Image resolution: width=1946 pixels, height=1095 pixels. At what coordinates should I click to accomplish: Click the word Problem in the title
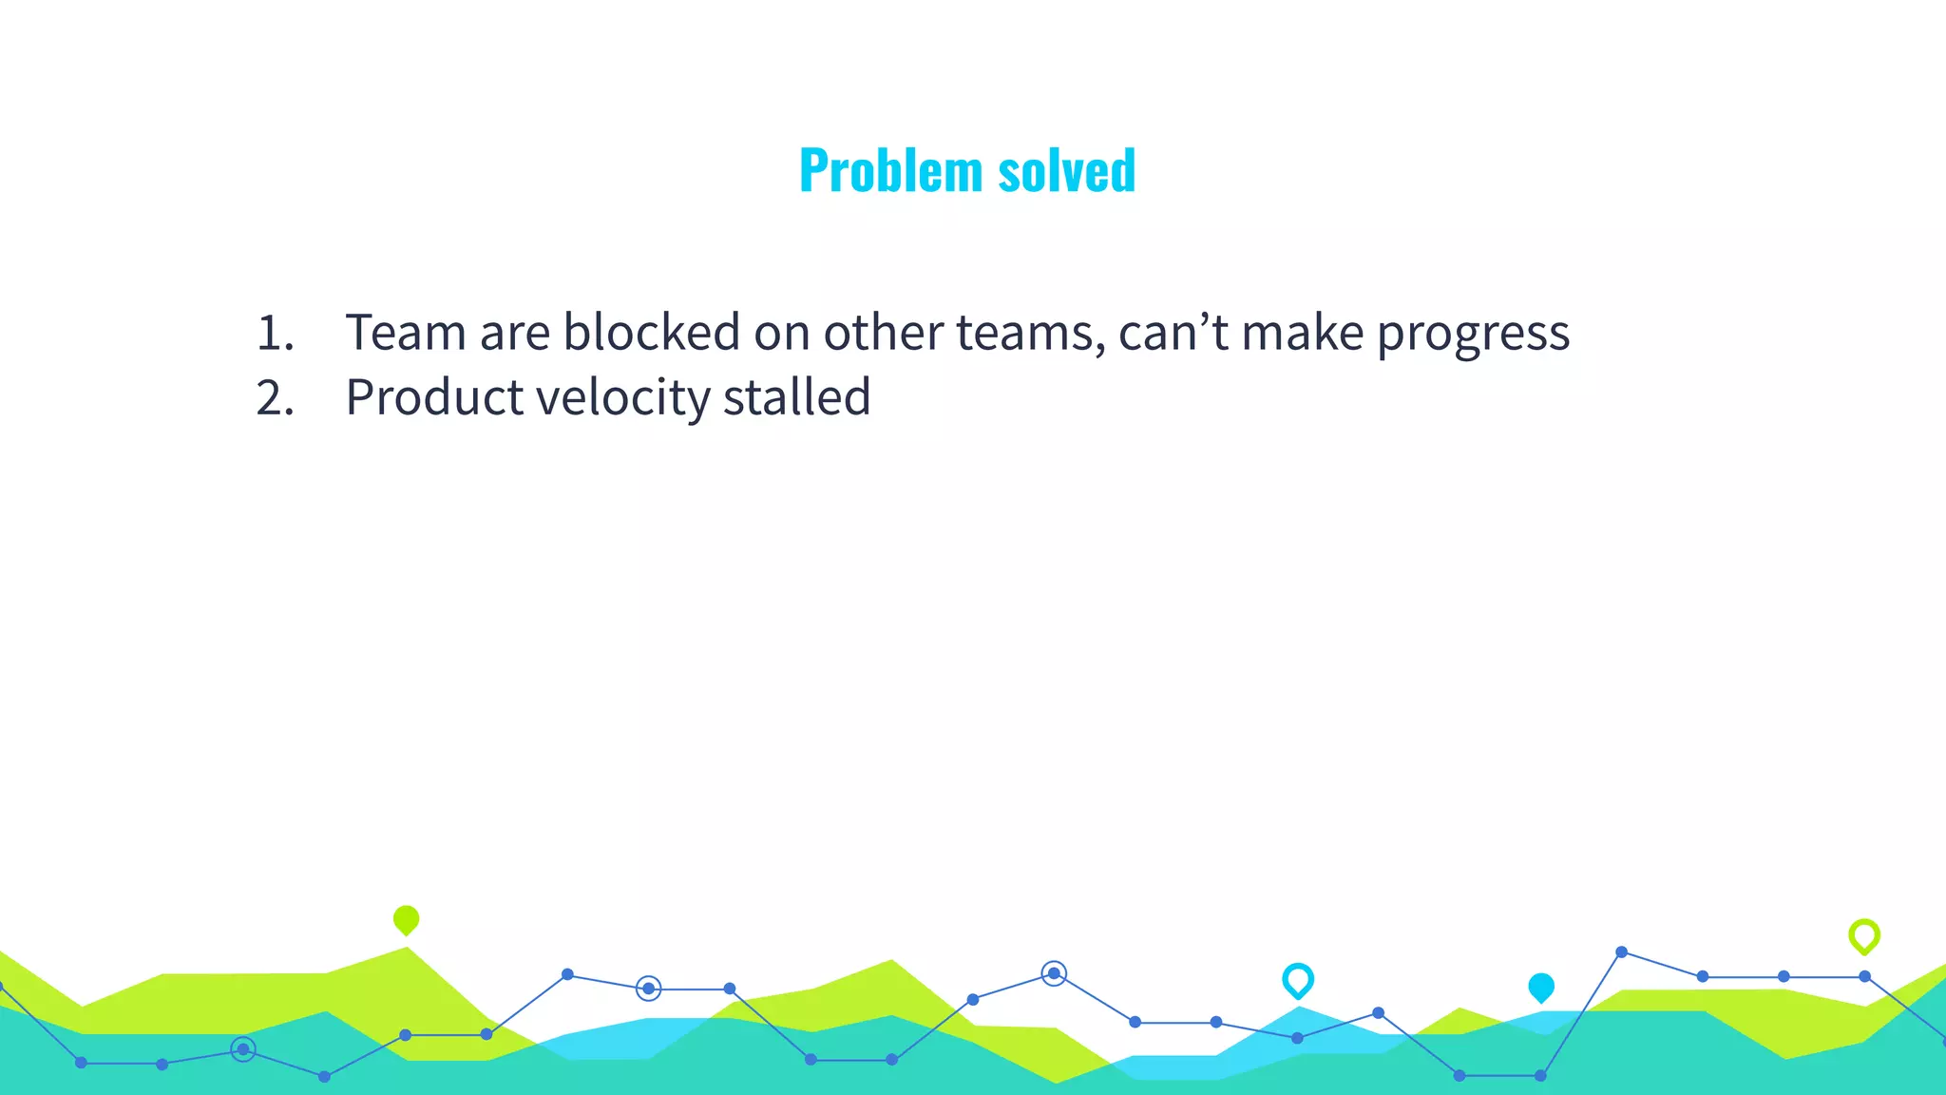[890, 171]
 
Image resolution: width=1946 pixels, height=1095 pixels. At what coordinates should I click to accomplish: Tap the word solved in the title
[1066, 171]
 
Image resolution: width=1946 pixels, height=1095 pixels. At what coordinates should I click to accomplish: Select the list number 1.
[274, 334]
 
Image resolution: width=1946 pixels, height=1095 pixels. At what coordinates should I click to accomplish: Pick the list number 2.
[274, 398]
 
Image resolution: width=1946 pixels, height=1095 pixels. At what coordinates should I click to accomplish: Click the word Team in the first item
[406, 333]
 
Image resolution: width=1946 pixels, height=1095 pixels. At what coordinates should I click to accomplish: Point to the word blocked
[651, 333]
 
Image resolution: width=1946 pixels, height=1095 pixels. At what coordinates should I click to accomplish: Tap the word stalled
[796, 397]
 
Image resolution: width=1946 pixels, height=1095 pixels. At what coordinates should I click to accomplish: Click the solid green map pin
[406, 919]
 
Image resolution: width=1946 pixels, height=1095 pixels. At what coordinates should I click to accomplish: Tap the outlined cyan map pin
[1297, 979]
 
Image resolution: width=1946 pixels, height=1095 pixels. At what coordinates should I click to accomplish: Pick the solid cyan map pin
[1540, 987]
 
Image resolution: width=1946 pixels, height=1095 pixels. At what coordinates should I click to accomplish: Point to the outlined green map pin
[1863, 936]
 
